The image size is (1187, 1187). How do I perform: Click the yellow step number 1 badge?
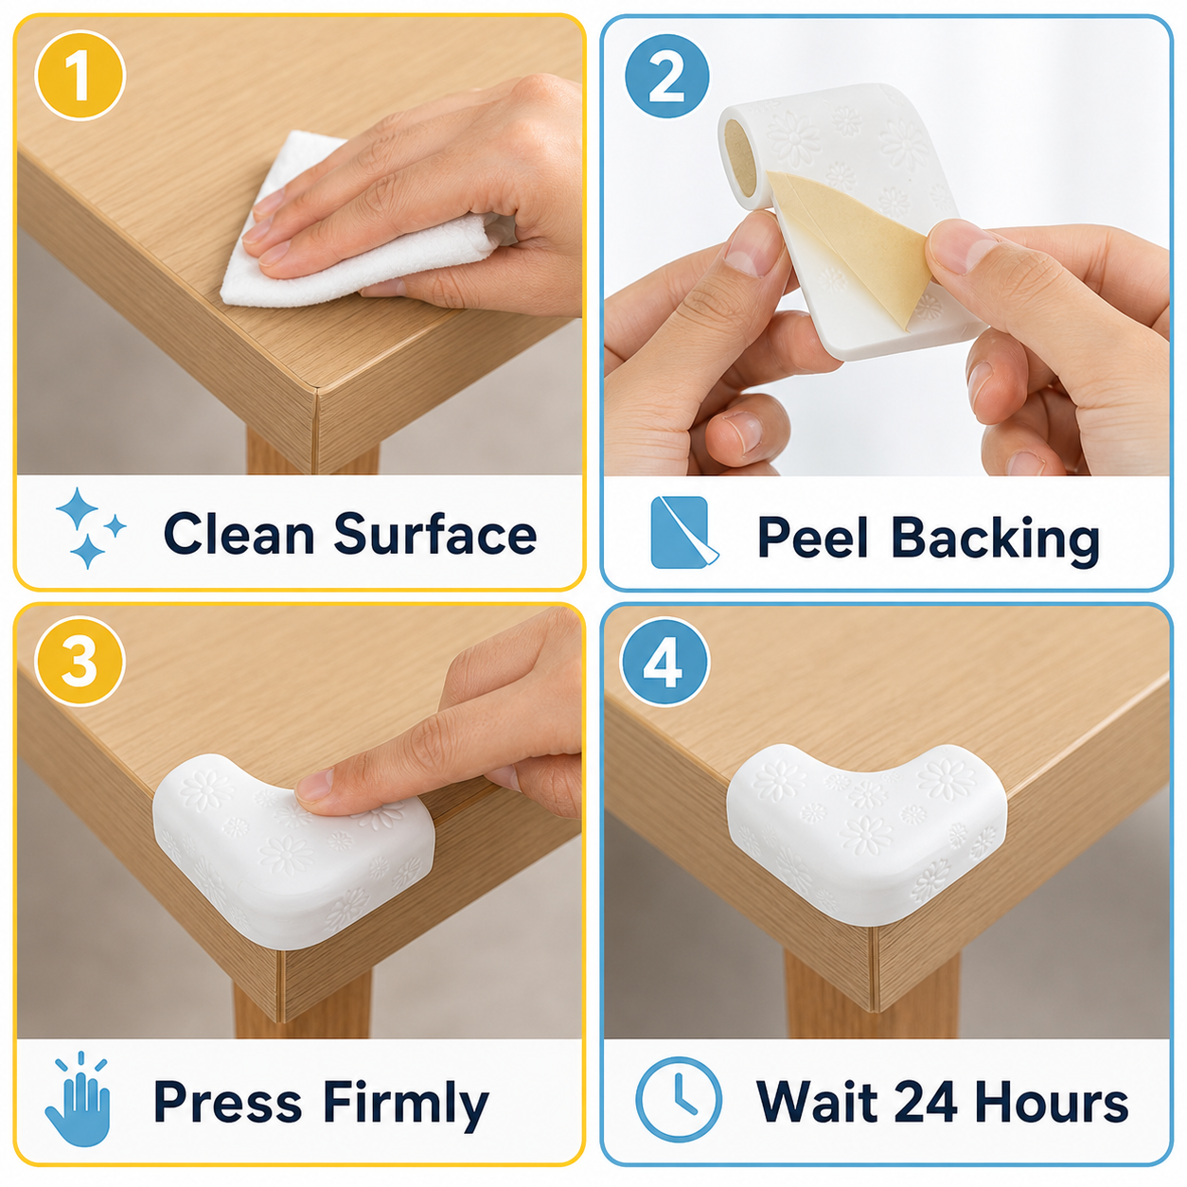point(80,76)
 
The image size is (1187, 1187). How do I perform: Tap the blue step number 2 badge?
point(666,76)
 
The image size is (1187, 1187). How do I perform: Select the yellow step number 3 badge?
point(80,662)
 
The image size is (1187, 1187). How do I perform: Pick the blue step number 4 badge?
point(664,663)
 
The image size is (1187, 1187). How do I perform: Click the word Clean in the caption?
point(239,534)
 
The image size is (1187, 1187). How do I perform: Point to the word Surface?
point(435,534)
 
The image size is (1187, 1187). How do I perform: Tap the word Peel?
point(813,537)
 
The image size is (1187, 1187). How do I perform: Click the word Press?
point(227,1101)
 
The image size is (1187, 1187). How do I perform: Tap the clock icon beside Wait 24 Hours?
point(678,1100)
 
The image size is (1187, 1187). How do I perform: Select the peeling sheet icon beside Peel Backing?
point(683,532)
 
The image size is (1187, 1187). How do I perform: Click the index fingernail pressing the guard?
point(314,784)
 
